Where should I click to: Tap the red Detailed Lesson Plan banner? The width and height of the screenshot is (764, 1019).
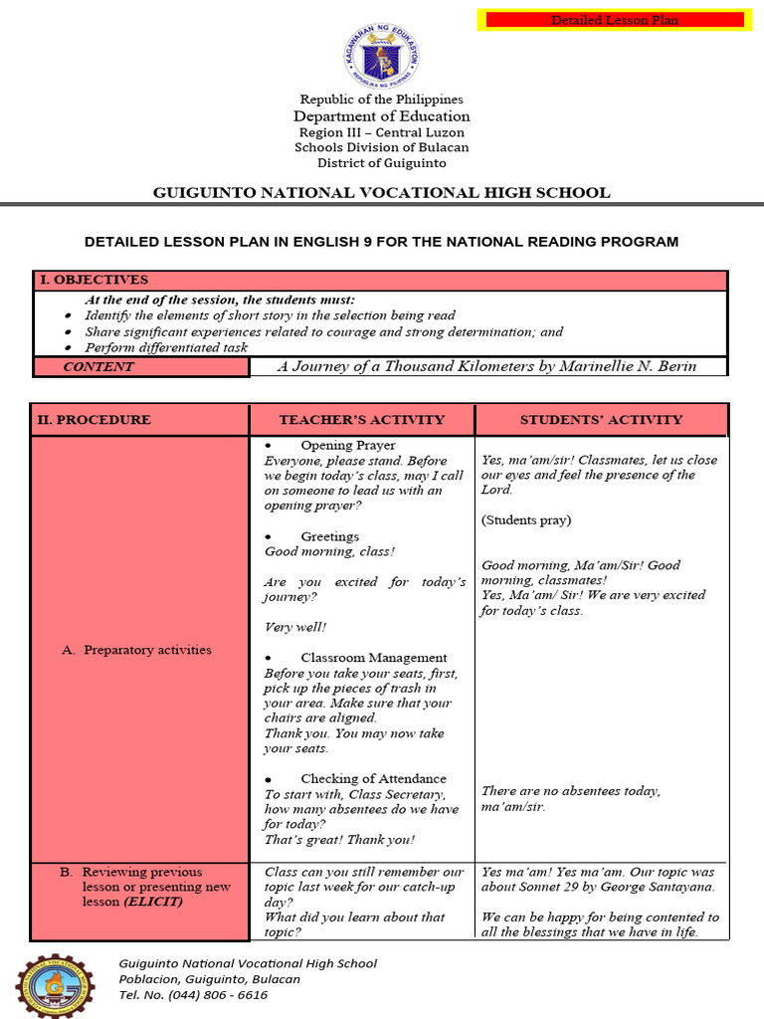tap(612, 20)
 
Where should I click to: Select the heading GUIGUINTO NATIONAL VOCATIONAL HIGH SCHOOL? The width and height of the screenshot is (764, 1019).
tap(381, 193)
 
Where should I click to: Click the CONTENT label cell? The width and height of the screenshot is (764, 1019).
tap(97, 367)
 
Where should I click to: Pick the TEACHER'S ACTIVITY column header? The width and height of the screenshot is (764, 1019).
tap(362, 420)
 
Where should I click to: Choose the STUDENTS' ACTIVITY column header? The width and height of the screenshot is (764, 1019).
tap(601, 420)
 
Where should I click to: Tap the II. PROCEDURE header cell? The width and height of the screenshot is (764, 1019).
tap(95, 420)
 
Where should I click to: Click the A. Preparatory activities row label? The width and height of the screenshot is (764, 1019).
tap(147, 650)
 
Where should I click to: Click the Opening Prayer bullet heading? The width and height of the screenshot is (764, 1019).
tap(347, 446)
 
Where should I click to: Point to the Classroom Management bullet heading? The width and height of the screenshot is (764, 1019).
tap(373, 658)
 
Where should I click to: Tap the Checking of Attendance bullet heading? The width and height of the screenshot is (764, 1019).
tap(373, 779)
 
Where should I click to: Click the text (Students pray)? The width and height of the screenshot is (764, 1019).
tap(526, 520)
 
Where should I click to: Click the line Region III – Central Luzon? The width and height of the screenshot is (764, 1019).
tap(381, 132)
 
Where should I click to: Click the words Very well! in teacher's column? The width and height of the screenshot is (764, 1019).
tap(294, 628)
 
